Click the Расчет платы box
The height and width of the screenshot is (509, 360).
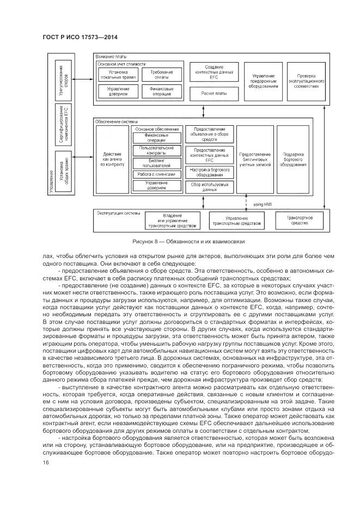[213, 93]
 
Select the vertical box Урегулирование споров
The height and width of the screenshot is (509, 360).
[63, 76]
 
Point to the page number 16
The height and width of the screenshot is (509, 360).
[46, 463]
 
